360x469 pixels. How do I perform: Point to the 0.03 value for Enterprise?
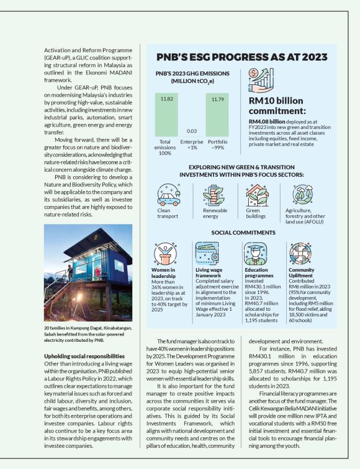[x=192, y=131]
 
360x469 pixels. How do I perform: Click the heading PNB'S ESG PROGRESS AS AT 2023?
[x=242, y=57]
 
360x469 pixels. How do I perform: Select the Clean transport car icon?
[x=169, y=194]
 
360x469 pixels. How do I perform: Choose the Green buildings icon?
[x=257, y=194]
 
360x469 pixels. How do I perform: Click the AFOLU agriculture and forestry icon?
[x=302, y=194]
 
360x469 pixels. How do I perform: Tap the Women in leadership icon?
[x=166, y=253]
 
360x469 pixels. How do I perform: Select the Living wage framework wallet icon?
[x=209, y=253]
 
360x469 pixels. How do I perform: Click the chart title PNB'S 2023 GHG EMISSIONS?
[x=192, y=76]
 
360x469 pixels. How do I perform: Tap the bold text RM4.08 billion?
[x=266, y=122]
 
